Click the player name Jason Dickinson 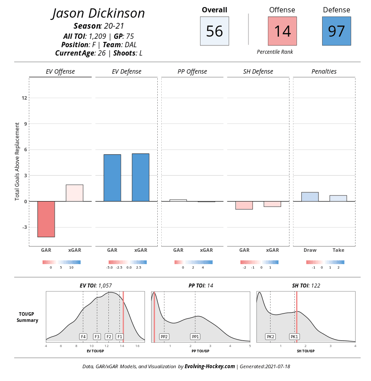coord(98,13)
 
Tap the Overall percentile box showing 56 coord(214,31)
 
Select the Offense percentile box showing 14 coord(282,31)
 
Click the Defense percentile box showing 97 coord(336,31)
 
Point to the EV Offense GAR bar coord(46,219)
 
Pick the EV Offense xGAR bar coord(74,193)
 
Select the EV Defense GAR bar coord(112,178)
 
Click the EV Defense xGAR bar coord(141,178)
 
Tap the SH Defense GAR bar coord(244,205)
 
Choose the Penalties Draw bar coord(310,197)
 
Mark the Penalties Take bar coord(338,198)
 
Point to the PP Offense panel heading coord(192,71)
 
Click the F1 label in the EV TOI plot coord(119,336)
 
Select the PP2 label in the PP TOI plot coord(164,336)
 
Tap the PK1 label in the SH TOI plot coord(294,336)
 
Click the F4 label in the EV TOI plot coord(83,336)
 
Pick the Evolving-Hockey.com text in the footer coord(210,366)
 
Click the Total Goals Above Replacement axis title coord(18,161)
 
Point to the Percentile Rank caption coord(275,52)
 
